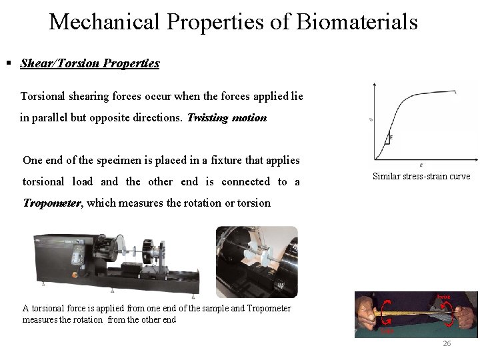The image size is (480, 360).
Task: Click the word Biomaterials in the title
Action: (357, 22)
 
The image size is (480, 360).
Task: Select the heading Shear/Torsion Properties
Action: (90, 63)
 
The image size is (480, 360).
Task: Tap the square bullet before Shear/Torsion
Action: (9, 63)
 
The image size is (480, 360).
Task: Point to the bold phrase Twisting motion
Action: (227, 118)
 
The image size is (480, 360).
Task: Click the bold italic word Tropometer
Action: (52, 203)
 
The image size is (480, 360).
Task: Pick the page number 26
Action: (447, 344)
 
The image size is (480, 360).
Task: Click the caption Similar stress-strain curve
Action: (421, 177)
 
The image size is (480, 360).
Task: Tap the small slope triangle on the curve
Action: (388, 139)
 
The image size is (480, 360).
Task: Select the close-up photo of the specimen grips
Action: (257, 261)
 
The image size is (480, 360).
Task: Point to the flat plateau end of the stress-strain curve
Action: (453, 92)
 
